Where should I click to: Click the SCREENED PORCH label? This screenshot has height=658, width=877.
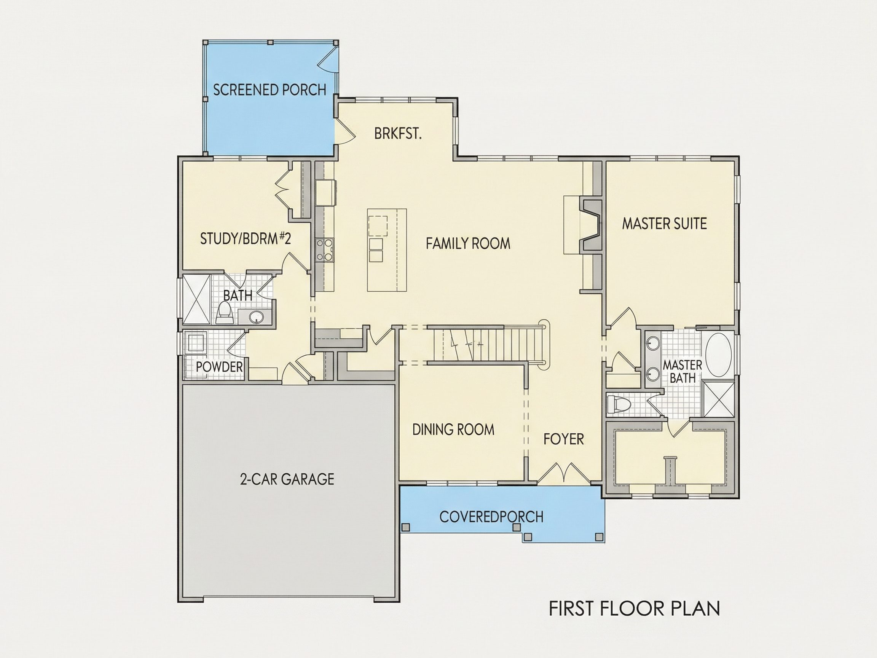pos(269,90)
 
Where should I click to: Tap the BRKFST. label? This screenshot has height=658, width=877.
pos(398,134)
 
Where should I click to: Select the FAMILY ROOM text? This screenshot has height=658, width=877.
pos(468,243)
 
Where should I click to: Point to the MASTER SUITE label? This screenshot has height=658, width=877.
pos(664,223)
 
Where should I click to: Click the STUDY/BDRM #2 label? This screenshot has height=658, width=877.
pos(246,238)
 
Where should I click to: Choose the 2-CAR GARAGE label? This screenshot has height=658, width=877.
pos(287,479)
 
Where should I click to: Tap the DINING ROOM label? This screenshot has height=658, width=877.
pos(453,430)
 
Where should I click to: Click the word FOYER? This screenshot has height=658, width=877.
pos(563,439)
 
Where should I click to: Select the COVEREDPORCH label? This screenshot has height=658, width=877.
pos(491,516)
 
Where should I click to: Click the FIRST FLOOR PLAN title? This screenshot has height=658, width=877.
pos(635,608)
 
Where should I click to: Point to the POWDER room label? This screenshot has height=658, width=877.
pos(219,367)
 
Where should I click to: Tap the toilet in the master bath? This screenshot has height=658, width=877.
pos(619,404)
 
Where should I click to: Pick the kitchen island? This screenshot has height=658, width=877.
pos(387,250)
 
